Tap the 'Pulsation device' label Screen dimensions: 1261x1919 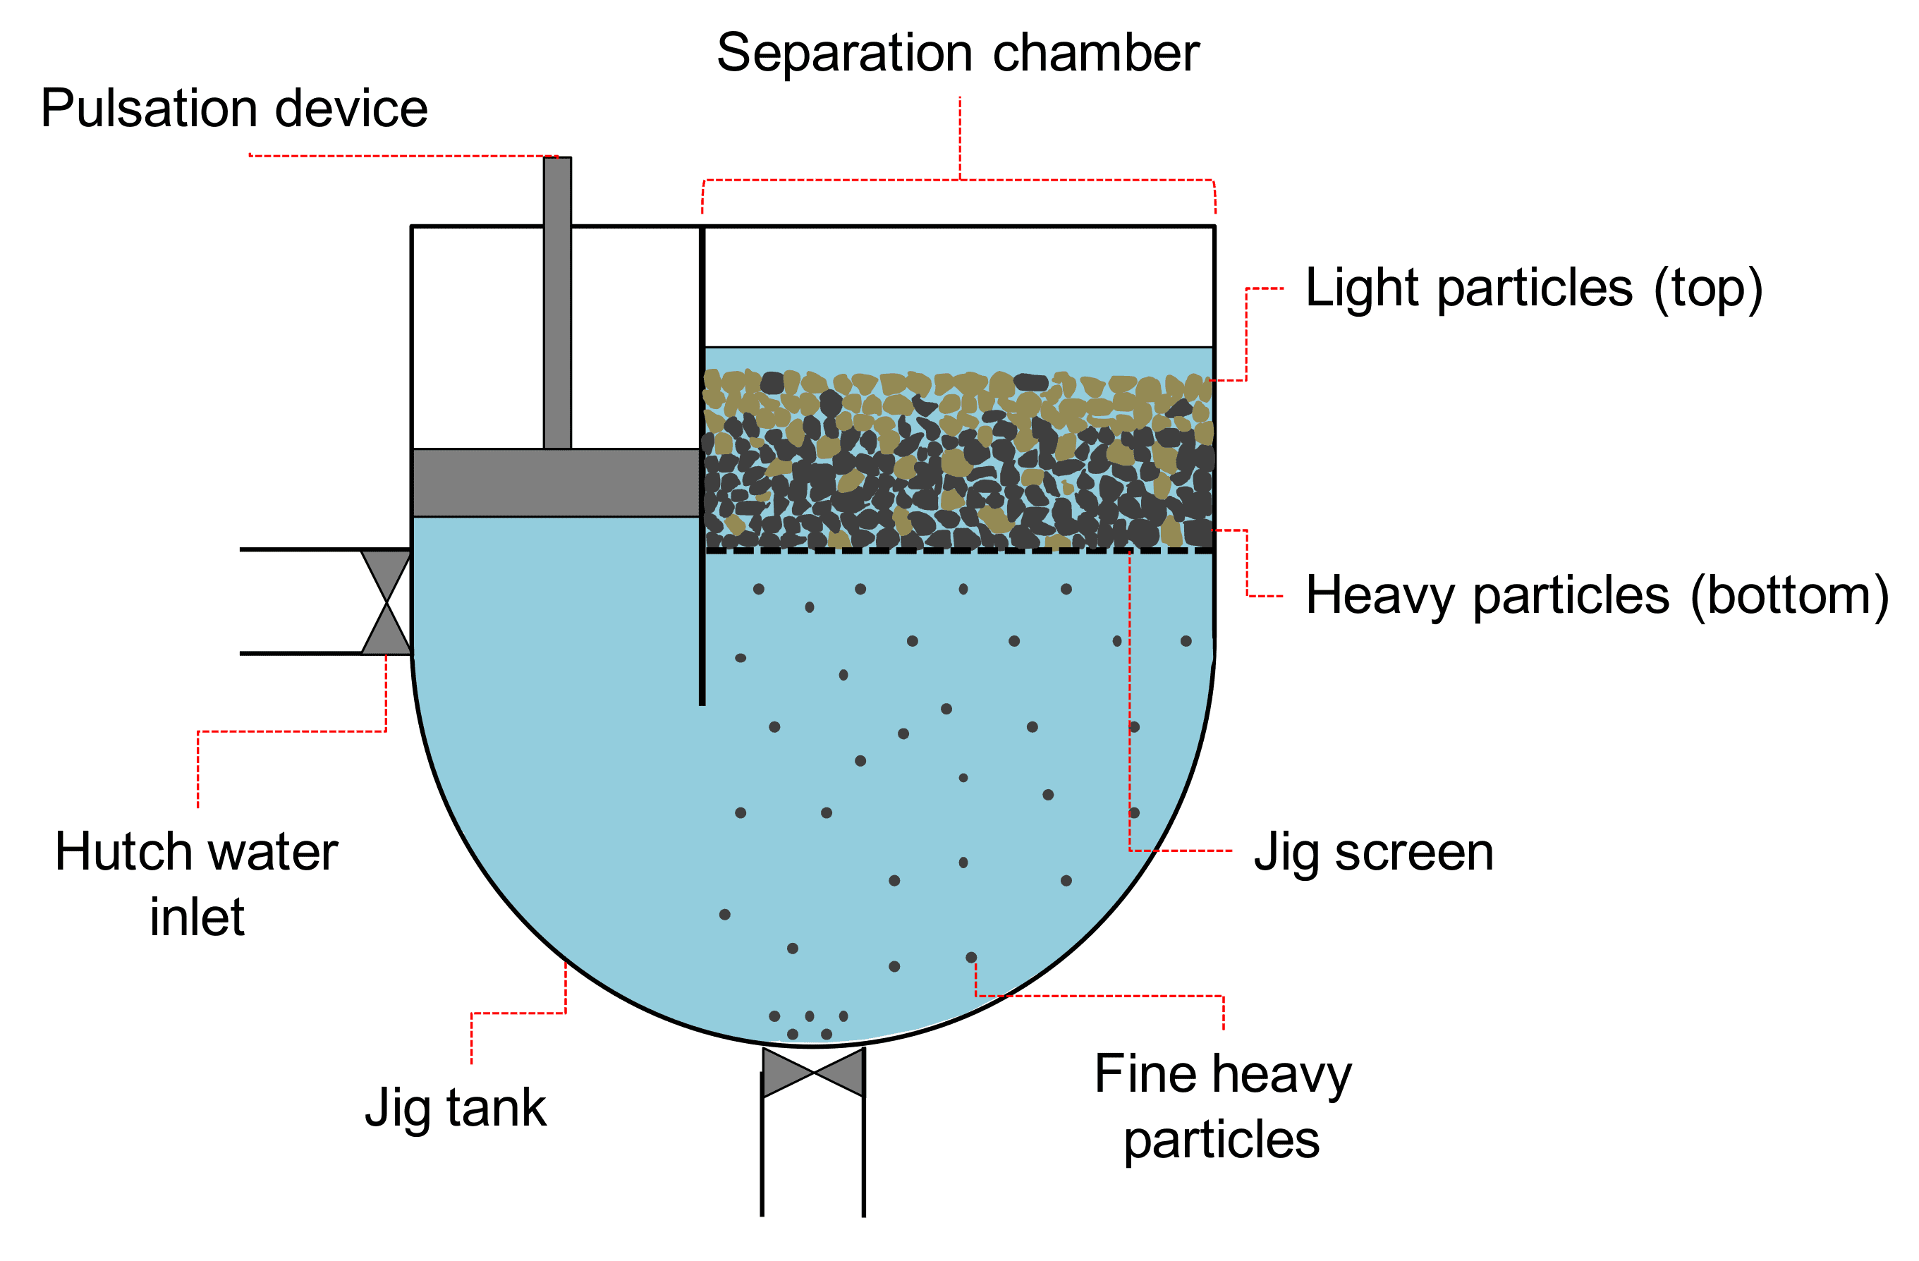click(x=234, y=109)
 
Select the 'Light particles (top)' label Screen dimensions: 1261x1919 click(x=1534, y=288)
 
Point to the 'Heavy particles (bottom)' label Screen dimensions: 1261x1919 click(x=1597, y=596)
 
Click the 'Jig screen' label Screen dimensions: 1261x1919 click(x=1373, y=852)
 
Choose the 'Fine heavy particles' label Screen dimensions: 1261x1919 click(x=1222, y=1107)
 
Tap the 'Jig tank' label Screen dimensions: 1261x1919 click(x=456, y=1108)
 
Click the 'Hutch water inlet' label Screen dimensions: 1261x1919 click(x=197, y=884)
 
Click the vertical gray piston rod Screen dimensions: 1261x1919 click(x=557, y=303)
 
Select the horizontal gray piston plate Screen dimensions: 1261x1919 click(x=556, y=482)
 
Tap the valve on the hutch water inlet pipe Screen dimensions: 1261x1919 click(x=386, y=602)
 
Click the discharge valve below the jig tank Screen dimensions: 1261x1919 click(x=812, y=1072)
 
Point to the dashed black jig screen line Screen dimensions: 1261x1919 click(x=958, y=551)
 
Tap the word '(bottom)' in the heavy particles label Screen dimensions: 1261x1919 click(x=1789, y=596)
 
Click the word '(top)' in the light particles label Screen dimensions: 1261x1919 click(x=1707, y=288)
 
